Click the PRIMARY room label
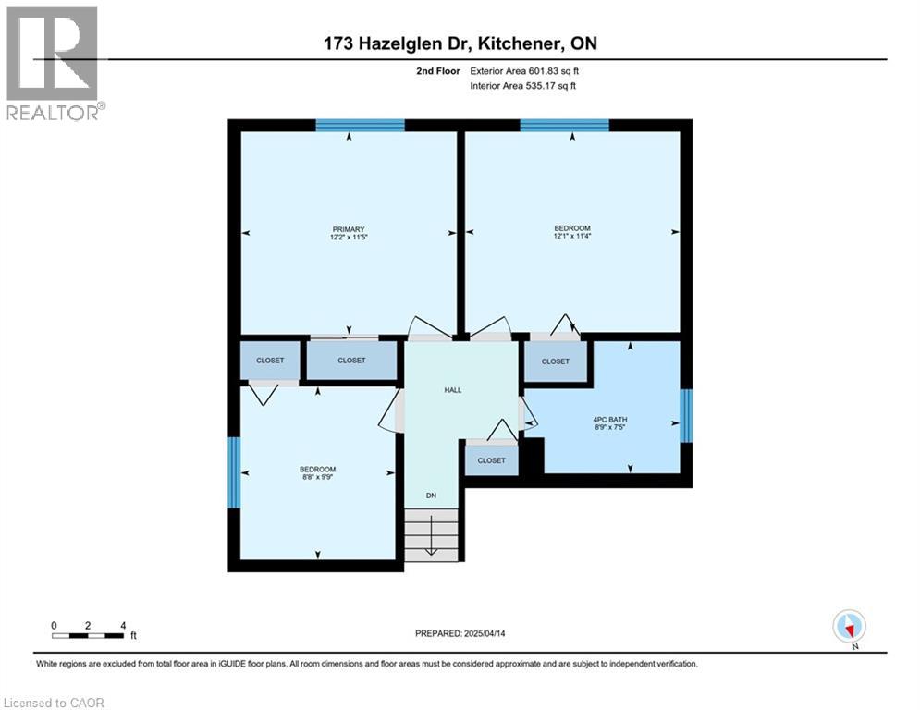(349, 229)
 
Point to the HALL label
(452, 390)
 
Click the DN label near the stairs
(431, 496)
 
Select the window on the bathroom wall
(686, 416)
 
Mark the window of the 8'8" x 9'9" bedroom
(234, 472)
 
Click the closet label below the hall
(491, 460)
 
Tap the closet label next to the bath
(555, 361)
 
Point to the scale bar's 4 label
(122, 625)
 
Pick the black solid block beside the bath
(532, 456)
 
